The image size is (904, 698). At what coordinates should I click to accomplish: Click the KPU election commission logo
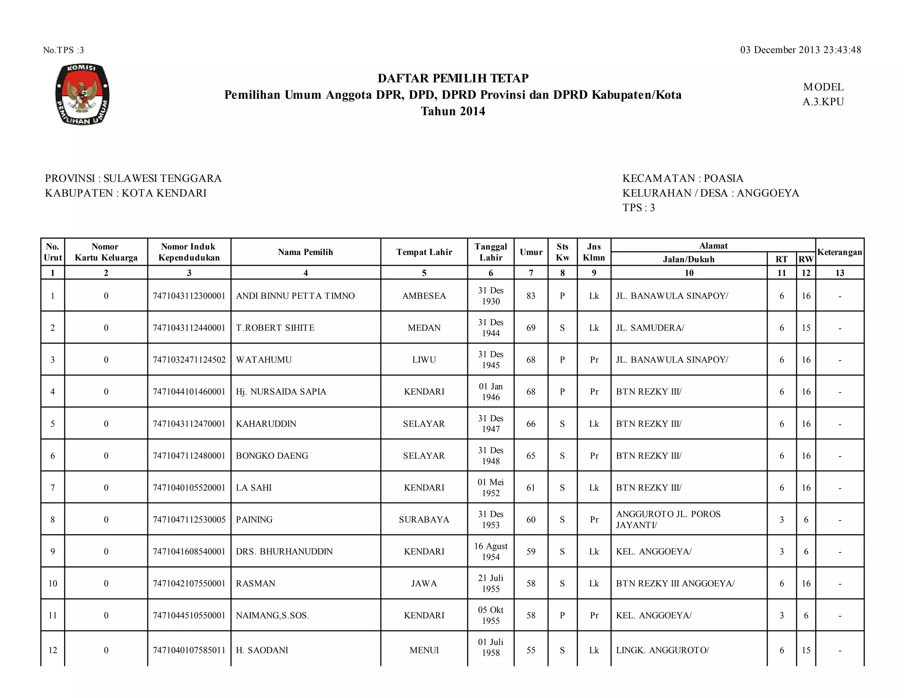tap(83, 94)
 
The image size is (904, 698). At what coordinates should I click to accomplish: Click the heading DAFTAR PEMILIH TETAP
tap(453, 78)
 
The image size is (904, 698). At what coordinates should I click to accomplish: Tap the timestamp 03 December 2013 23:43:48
tap(800, 50)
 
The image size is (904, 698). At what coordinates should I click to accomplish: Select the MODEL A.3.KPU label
tap(823, 94)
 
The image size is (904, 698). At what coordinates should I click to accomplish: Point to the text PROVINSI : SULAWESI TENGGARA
tap(133, 178)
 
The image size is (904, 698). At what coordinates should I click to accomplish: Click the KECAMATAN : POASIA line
tap(682, 178)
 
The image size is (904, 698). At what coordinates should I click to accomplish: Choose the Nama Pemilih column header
tap(305, 252)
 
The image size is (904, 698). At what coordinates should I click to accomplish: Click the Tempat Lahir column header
tap(424, 252)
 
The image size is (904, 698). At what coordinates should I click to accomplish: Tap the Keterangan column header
tap(839, 252)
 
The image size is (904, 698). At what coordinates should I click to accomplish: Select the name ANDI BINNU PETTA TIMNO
tap(295, 296)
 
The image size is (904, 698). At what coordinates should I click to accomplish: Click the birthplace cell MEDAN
tap(424, 328)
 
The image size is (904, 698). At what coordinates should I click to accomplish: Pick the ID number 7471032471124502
tap(189, 360)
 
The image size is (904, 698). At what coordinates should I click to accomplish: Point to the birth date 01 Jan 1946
tap(490, 392)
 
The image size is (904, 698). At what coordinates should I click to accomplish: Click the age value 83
tap(531, 296)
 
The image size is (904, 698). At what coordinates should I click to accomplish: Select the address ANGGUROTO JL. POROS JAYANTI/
tap(668, 519)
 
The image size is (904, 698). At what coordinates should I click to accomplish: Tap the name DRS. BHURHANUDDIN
tap(284, 552)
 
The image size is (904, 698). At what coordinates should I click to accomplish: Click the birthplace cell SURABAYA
tap(424, 519)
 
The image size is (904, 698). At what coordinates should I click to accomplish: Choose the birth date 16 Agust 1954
tap(490, 552)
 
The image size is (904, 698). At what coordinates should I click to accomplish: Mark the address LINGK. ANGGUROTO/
tap(662, 650)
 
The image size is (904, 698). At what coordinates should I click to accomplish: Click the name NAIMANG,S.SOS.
tap(272, 615)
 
